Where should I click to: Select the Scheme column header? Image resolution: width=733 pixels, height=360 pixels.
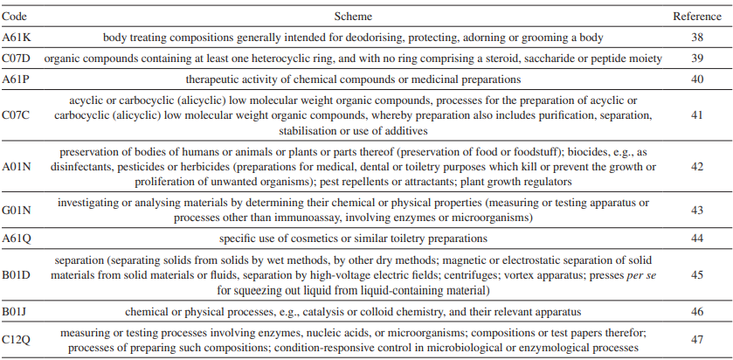click(x=353, y=17)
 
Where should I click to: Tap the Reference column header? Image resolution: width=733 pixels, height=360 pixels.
click(x=697, y=17)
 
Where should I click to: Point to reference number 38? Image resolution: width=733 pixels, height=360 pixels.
click(x=697, y=38)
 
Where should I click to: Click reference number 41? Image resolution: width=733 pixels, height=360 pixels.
click(x=697, y=115)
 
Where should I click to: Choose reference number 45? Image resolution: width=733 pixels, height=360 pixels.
click(x=697, y=274)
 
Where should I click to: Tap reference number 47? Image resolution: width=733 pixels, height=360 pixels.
click(x=697, y=340)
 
